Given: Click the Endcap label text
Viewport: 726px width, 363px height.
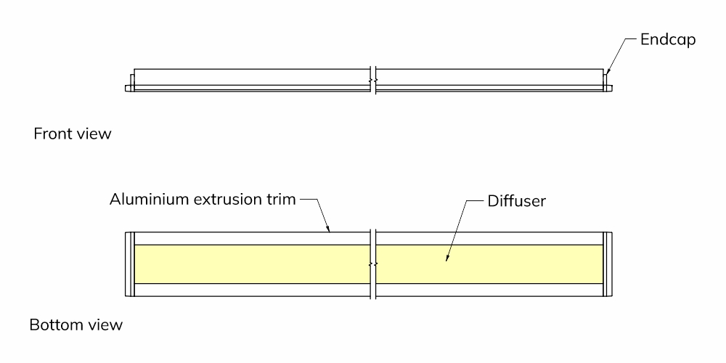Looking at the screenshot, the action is (x=668, y=40).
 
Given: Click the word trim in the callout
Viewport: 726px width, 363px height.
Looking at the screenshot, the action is (x=280, y=200).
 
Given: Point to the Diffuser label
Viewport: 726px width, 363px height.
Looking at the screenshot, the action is (x=517, y=201).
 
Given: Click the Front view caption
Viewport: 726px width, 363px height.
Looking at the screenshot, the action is (x=73, y=134).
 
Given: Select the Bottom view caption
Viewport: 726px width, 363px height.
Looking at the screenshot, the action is (x=76, y=325).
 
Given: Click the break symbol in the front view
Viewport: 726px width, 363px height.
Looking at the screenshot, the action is (x=372, y=81).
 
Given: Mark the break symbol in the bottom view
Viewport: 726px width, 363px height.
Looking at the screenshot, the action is (x=372, y=264).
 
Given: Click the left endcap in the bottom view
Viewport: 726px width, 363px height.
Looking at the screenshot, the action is (x=130, y=264).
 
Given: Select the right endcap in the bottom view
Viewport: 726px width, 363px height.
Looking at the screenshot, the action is (x=608, y=264).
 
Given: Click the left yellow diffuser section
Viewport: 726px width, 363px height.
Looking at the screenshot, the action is (x=253, y=264).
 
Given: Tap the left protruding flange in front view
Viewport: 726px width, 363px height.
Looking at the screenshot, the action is (x=129, y=88).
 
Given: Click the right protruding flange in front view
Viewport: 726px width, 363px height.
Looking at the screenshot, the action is (x=608, y=88).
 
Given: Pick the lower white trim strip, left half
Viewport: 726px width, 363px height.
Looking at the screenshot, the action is (x=253, y=290).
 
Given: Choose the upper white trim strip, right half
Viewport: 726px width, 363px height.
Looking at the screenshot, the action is (x=489, y=238).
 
